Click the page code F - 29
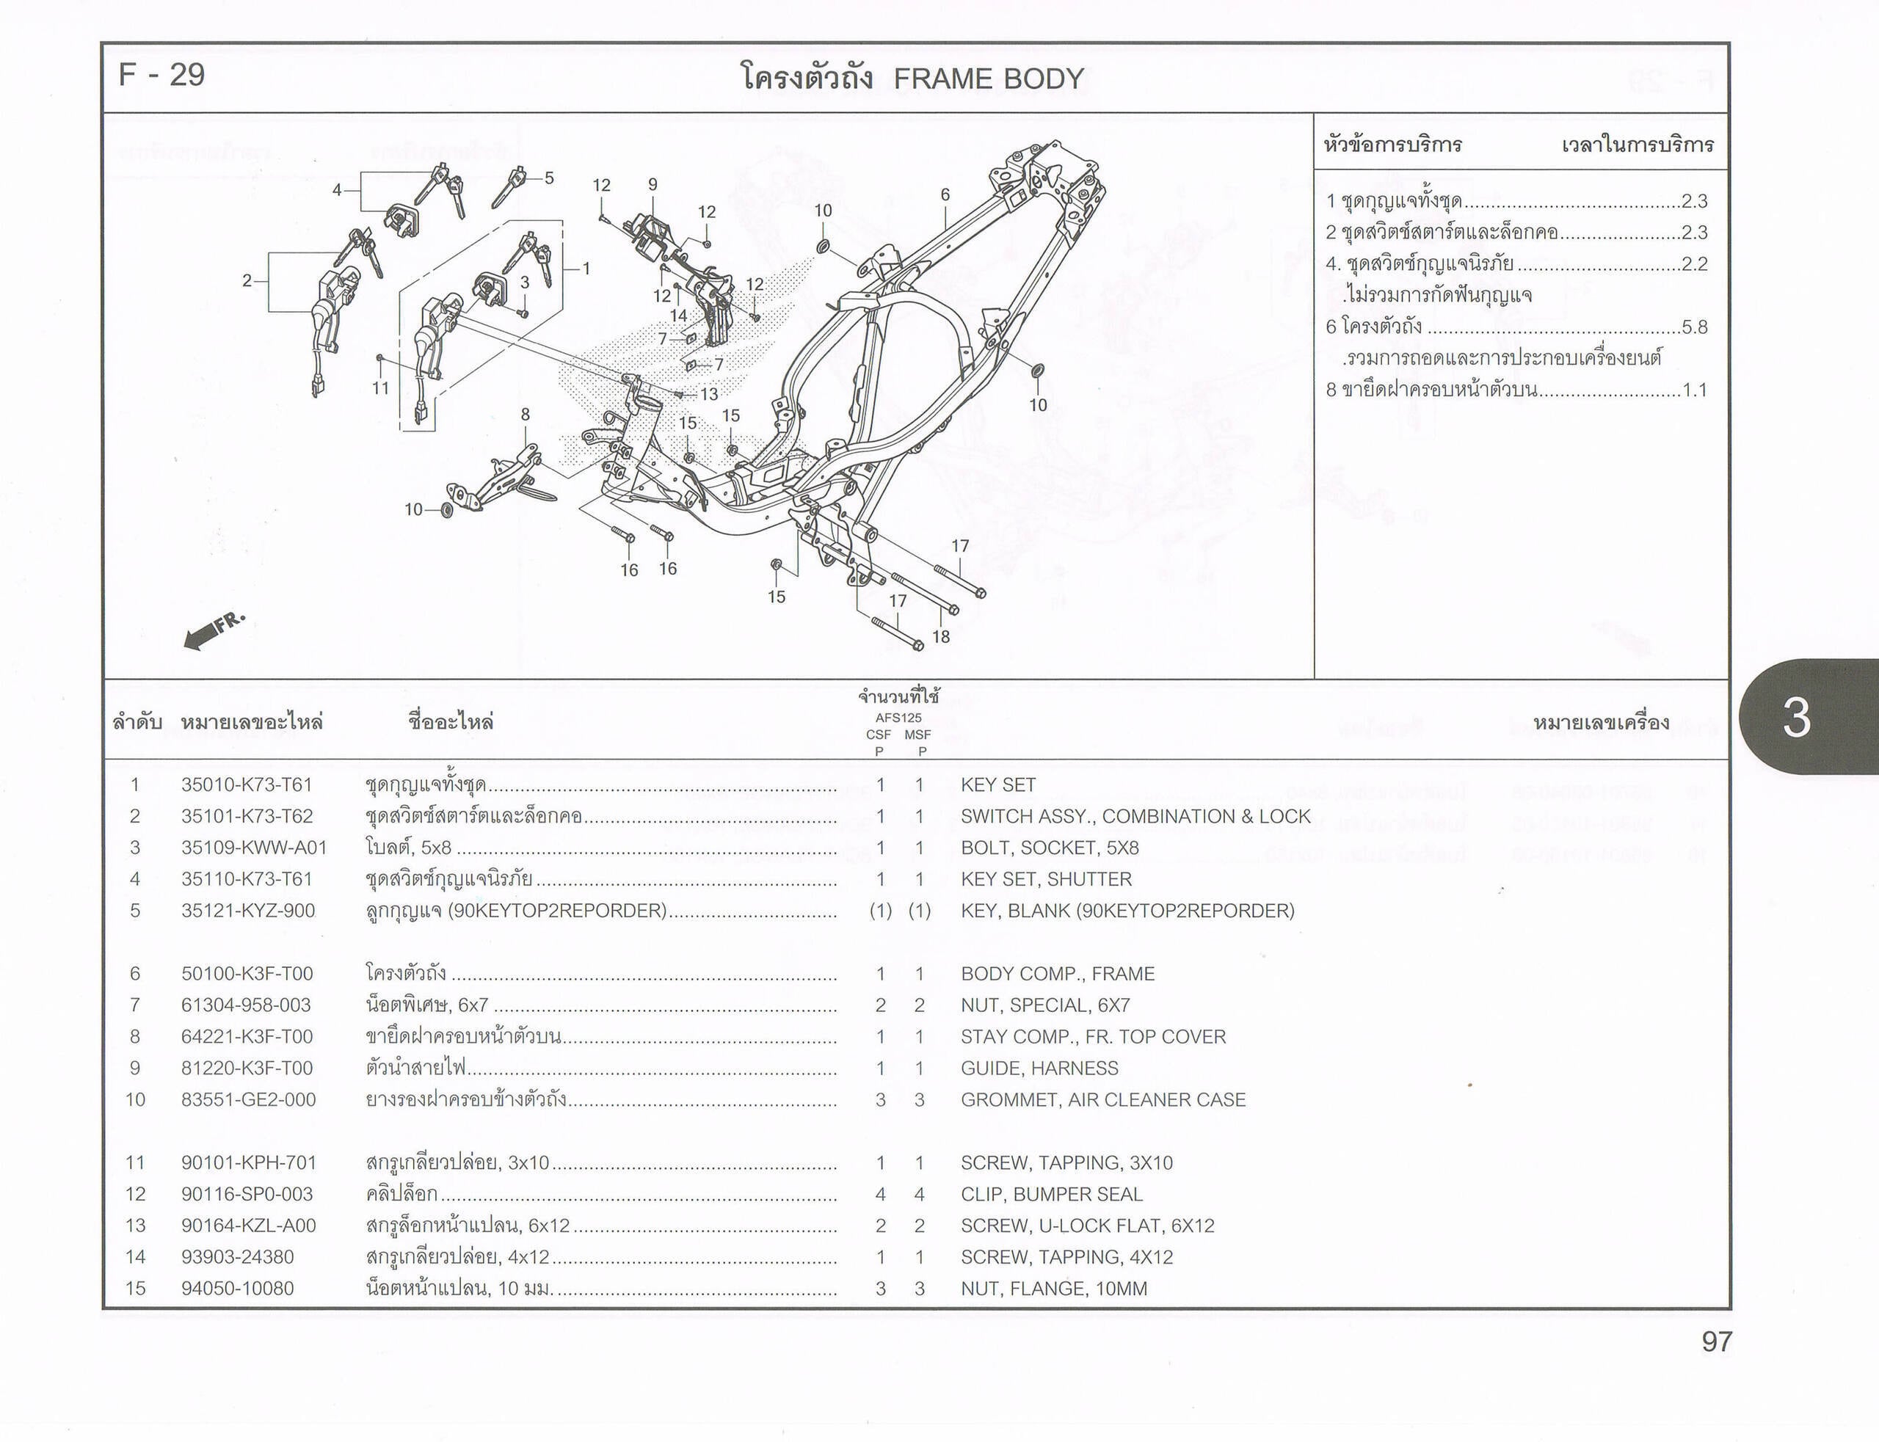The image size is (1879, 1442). (x=161, y=76)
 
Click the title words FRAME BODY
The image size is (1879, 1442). (x=989, y=79)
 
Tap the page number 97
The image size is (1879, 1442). (x=1717, y=1341)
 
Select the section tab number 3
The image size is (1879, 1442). (x=1797, y=717)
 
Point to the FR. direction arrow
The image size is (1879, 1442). (x=214, y=631)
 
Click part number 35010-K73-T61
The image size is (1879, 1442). (x=247, y=784)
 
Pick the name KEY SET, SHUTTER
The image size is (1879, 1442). (x=1047, y=879)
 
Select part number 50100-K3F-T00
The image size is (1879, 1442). (x=247, y=973)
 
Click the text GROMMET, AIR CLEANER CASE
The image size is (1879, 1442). (x=1103, y=1099)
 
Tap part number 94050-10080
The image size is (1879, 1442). (x=237, y=1289)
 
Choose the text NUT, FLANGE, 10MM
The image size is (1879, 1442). (x=1054, y=1289)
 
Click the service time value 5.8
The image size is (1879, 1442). (x=1695, y=327)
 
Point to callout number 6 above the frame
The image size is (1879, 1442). (x=945, y=195)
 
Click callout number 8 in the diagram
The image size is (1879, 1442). (x=526, y=415)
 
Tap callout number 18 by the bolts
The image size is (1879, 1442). (x=941, y=637)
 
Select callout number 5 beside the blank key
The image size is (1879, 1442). (x=549, y=178)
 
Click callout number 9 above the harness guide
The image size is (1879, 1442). (x=653, y=184)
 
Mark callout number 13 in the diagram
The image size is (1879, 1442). (x=709, y=394)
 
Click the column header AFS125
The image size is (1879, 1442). (x=898, y=718)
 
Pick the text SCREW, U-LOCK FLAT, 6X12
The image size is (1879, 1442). (x=1088, y=1226)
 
